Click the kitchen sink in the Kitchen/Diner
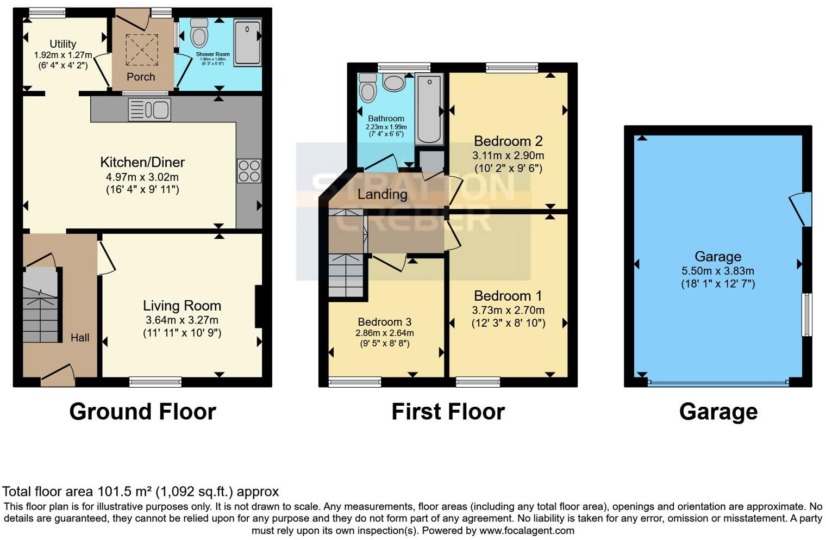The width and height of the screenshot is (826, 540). [x=149, y=110]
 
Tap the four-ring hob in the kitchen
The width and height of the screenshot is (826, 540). [x=249, y=171]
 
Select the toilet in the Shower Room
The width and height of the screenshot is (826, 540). [x=199, y=33]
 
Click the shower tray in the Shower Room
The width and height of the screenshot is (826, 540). [x=247, y=42]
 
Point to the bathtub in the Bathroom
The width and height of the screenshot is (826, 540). [x=429, y=109]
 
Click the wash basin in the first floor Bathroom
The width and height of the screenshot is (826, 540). [x=393, y=82]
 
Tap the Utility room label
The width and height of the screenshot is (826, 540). [x=63, y=44]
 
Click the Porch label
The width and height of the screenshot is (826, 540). [x=141, y=77]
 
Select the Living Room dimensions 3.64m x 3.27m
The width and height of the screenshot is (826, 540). [x=182, y=320]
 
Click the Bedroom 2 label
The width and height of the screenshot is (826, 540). [x=508, y=141]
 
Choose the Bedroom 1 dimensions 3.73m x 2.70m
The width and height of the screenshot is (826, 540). [x=508, y=311]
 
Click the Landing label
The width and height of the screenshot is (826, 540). [x=382, y=194]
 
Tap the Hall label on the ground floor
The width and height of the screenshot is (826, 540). [x=80, y=338]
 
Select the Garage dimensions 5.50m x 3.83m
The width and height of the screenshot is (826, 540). [x=718, y=271]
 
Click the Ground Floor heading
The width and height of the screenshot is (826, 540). [x=142, y=412]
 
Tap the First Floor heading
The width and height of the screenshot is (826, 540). [x=448, y=412]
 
